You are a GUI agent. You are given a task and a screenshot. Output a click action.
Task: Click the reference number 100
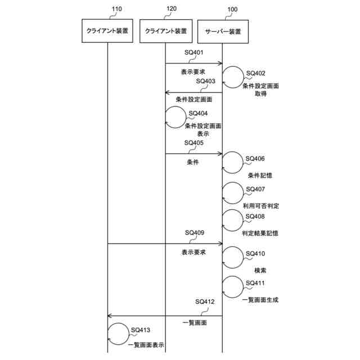[232, 10]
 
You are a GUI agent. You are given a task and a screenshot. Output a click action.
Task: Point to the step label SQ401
[194, 52]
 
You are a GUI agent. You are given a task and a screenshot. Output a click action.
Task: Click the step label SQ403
[206, 81]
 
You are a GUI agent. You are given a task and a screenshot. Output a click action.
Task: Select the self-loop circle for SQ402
[233, 76]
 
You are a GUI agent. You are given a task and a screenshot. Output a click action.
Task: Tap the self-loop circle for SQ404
[175, 117]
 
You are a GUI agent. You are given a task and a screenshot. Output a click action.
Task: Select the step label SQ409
[194, 232]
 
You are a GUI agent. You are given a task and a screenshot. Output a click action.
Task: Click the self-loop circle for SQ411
[233, 286]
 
